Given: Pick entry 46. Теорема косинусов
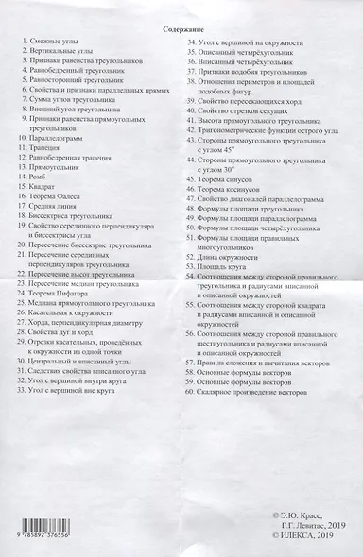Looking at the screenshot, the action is [x=237, y=188].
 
